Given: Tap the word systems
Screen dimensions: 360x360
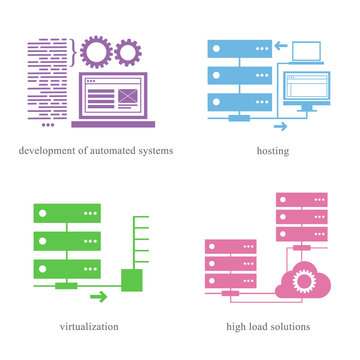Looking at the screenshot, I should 155,151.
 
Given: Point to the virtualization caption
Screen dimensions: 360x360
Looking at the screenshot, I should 90,326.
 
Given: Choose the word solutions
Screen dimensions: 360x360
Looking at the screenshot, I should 289,326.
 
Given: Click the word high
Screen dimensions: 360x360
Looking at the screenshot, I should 231,326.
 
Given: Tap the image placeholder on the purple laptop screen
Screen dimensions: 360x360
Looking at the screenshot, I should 127,97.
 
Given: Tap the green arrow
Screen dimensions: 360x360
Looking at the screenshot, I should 98,296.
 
